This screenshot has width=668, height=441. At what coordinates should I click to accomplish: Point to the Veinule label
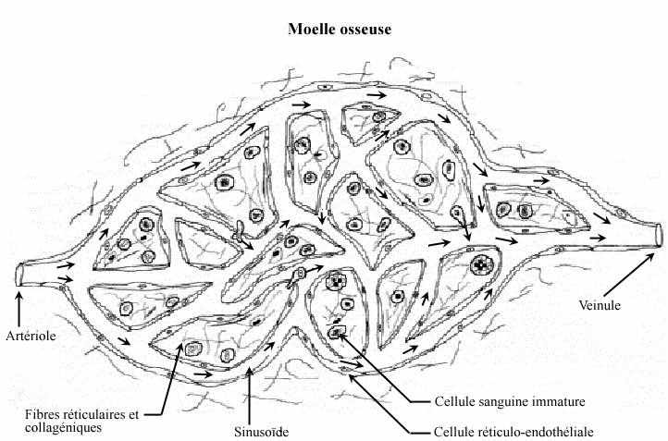pyautogui.click(x=599, y=304)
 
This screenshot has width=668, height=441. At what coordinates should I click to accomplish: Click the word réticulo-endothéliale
pyautogui.click(x=538, y=432)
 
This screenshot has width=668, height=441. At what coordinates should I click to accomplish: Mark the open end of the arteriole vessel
pyautogui.click(x=19, y=275)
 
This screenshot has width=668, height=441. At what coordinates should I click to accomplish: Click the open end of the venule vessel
pyautogui.click(x=659, y=234)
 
